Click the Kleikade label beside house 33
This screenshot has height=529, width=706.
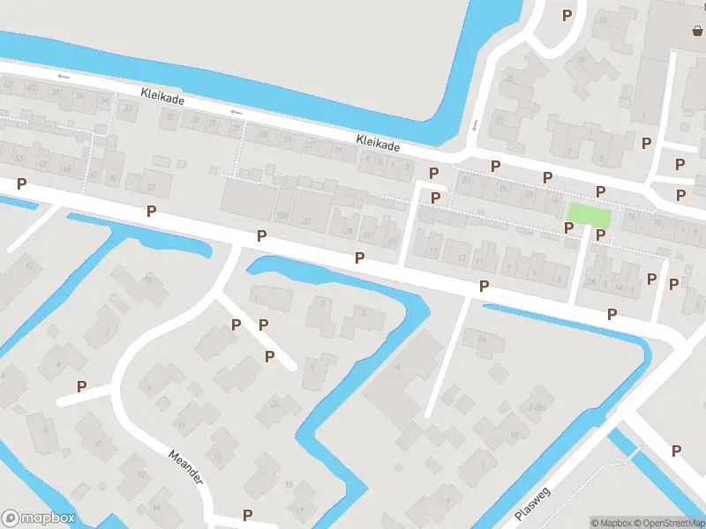[162, 96]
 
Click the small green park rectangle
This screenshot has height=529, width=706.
[589, 213]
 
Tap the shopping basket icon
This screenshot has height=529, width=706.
[697, 31]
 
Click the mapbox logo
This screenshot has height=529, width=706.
[39, 518]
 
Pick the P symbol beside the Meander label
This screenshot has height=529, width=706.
[247, 515]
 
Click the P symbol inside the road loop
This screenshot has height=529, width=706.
[82, 386]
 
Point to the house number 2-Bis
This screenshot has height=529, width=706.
[534, 407]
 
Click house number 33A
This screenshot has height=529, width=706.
[282, 215]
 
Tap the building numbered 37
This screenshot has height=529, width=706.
[152, 186]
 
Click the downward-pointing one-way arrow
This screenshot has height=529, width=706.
[475, 125]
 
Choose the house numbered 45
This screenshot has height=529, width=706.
[66, 168]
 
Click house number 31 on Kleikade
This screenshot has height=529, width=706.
[196, 119]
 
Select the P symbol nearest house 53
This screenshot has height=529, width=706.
[21, 184]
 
